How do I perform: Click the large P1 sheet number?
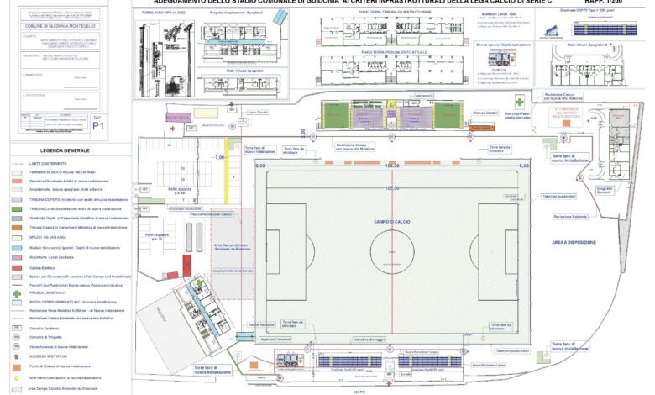click(98, 127)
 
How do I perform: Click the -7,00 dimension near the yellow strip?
click(219, 158)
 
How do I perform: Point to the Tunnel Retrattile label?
click(262, 324)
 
